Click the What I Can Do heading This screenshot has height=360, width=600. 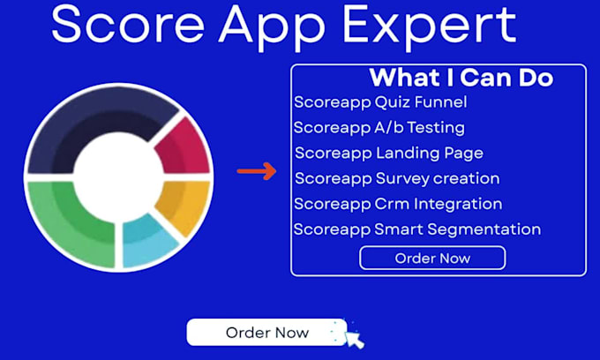point(461,78)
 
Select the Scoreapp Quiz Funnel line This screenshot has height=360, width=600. point(380,102)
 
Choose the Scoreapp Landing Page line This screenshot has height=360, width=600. point(389,154)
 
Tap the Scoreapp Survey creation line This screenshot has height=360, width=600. point(397,179)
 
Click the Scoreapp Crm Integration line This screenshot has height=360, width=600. point(398,205)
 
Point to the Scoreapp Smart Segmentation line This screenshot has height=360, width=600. point(417,230)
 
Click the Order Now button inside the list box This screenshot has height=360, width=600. point(432,258)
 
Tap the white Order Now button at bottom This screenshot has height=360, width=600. point(266,333)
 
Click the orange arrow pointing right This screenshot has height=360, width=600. point(257,171)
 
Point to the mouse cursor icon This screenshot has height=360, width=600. point(355,338)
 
